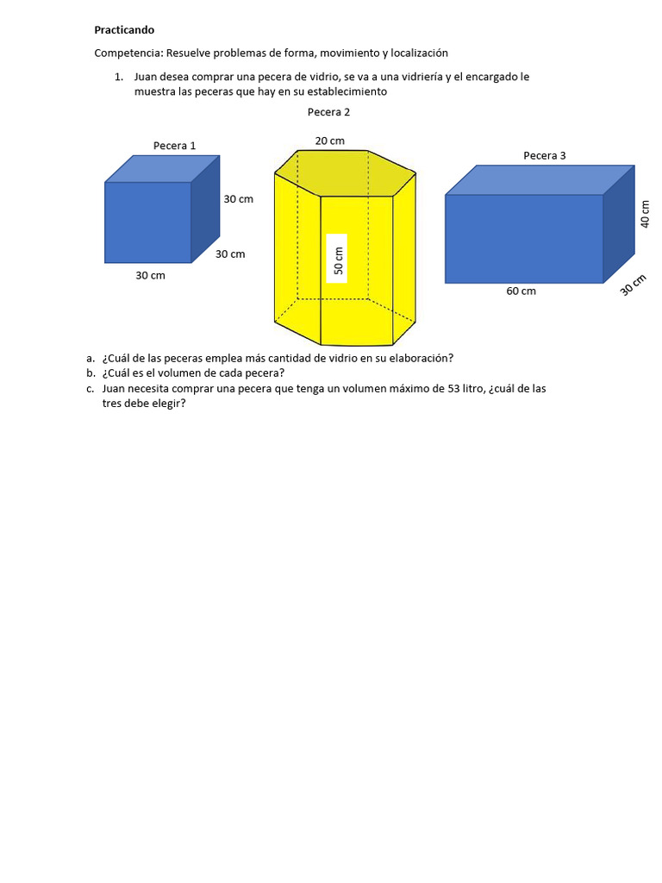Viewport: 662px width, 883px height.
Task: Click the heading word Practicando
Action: [124, 30]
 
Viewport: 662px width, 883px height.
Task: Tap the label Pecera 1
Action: [174, 146]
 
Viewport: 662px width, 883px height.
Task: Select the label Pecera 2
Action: [328, 112]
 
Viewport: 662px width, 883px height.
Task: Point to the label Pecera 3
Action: [545, 156]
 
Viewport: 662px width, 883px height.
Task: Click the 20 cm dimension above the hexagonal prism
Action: [329, 141]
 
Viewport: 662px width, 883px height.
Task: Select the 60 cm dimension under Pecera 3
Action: [521, 291]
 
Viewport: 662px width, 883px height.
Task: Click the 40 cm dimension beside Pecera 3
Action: [645, 213]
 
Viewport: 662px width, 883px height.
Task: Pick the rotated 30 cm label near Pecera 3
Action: [634, 285]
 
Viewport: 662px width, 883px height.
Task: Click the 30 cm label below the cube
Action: [150, 276]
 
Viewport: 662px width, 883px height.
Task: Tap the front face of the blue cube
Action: [147, 222]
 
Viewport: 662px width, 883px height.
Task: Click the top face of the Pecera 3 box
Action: [539, 179]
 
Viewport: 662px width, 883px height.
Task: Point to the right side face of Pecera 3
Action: [618, 223]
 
